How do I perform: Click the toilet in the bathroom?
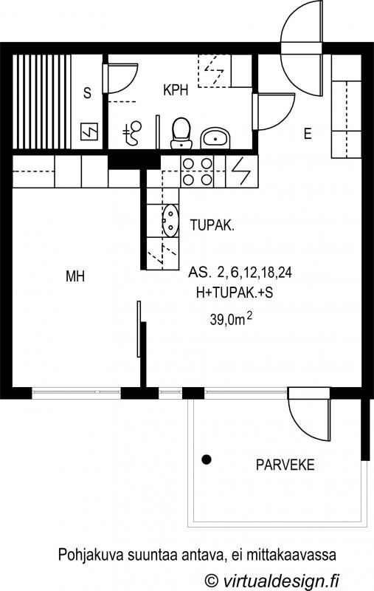pos(181,134)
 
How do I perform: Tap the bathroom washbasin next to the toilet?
pos(215,138)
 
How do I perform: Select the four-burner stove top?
pos(197,171)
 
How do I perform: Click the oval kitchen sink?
pos(170,220)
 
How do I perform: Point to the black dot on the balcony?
pos(207,460)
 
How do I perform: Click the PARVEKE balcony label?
pos(285,465)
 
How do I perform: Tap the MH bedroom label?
pos(75,276)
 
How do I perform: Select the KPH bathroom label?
pos(176,90)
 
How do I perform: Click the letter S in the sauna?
pos(87,93)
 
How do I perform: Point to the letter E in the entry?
pos(308,134)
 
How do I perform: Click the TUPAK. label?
pos(212,225)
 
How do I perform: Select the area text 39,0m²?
pos(231,320)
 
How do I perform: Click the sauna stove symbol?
pos(89,132)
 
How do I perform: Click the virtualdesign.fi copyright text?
pos(271,580)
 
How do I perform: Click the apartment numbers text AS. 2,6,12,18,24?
pos(240,272)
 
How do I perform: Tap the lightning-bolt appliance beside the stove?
pos(241,171)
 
